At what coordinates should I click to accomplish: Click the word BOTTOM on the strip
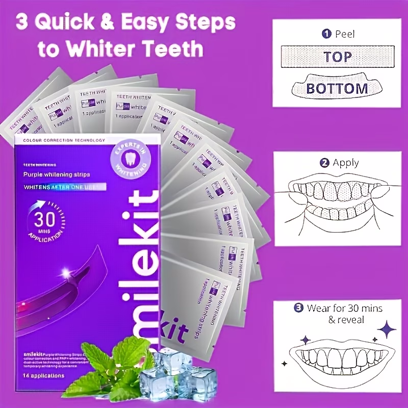click(x=337, y=88)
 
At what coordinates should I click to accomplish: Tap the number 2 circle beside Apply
click(x=324, y=164)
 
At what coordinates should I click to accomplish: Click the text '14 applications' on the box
click(x=43, y=376)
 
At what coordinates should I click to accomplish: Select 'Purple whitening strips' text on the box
click(x=57, y=175)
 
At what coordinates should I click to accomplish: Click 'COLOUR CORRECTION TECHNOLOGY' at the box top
click(x=60, y=140)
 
